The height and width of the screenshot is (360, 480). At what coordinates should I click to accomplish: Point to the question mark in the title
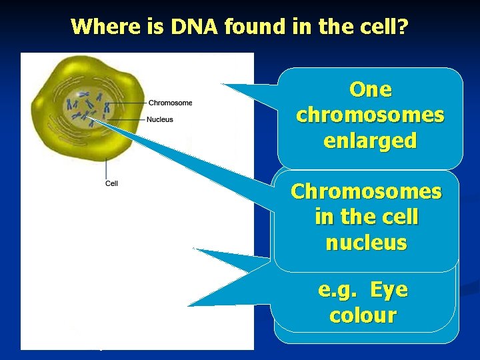point(403,27)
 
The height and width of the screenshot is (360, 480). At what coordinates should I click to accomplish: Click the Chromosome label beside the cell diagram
point(169,103)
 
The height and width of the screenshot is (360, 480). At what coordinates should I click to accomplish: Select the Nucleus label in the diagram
point(160,119)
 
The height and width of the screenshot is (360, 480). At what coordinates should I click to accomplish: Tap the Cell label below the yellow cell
point(111,183)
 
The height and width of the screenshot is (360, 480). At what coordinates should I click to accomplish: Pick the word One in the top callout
point(370,89)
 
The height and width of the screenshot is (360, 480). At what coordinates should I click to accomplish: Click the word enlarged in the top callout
point(370,141)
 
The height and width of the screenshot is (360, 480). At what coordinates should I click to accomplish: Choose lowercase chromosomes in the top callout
point(370,115)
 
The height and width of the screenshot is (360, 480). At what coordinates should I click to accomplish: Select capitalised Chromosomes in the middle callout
point(366,191)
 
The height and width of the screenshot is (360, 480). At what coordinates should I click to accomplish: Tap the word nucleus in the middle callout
point(366,243)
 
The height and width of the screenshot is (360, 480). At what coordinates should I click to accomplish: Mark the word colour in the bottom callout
point(363,315)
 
